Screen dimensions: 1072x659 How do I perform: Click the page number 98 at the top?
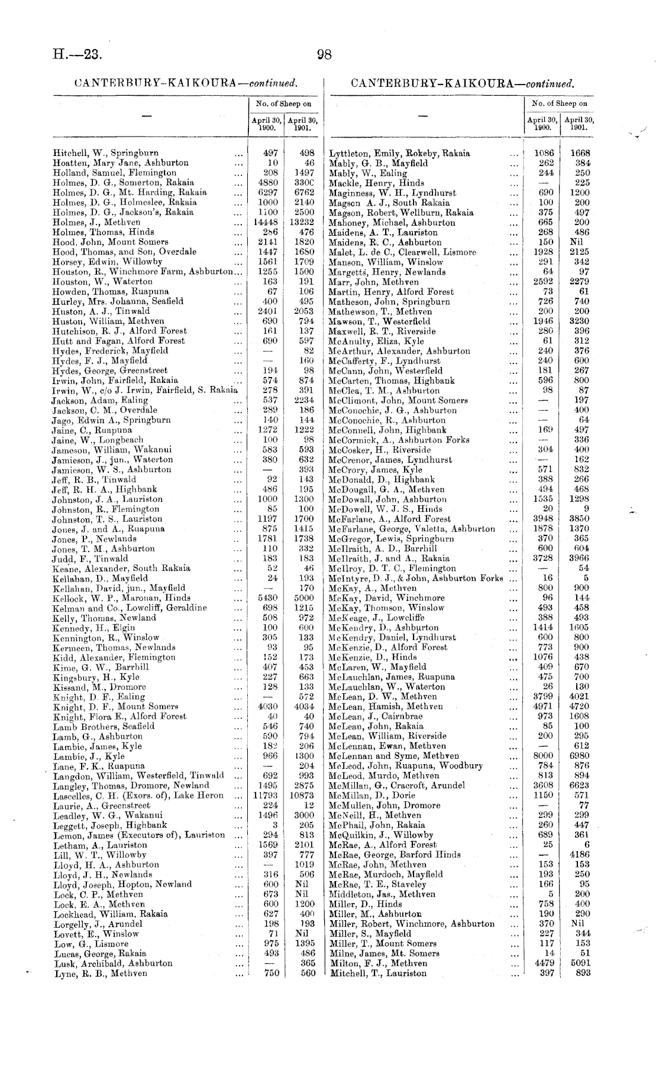point(324,55)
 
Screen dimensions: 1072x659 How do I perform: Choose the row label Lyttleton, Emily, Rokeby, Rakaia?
point(399,153)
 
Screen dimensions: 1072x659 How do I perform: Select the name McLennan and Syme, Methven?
point(394,756)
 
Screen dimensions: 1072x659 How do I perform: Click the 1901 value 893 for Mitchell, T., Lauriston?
point(582,973)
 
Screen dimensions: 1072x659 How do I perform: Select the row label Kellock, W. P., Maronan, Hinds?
point(121,597)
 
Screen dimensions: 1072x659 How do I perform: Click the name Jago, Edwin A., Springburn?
point(111,420)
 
